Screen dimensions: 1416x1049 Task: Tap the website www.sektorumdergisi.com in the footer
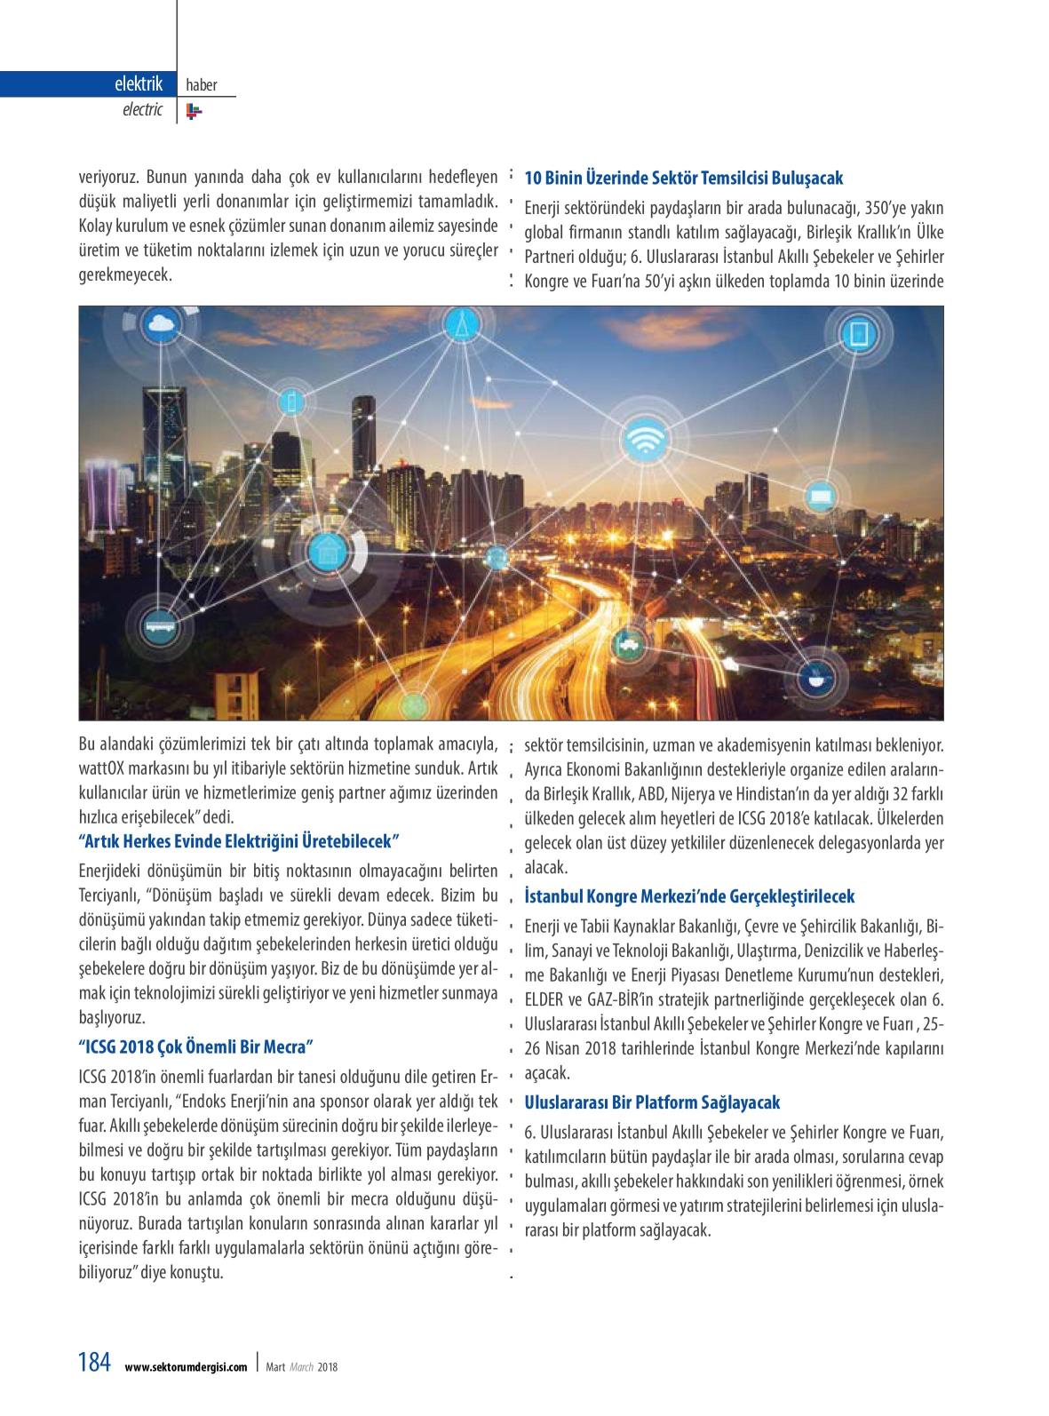186,1367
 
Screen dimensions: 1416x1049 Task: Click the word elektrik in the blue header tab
139,84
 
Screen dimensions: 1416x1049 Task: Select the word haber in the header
202,85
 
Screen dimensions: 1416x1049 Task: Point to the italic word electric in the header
142,110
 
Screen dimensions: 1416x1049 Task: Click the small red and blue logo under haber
195,111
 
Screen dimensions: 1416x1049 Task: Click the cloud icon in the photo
161,323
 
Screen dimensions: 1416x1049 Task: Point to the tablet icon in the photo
859,333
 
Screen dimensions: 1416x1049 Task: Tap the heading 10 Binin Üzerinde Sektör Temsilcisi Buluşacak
683,177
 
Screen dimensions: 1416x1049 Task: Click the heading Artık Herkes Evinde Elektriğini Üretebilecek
241,840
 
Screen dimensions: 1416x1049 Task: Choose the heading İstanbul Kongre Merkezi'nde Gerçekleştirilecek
689,896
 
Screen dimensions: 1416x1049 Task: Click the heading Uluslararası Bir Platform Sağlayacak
652,1102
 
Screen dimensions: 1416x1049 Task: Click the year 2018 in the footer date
329,1367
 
